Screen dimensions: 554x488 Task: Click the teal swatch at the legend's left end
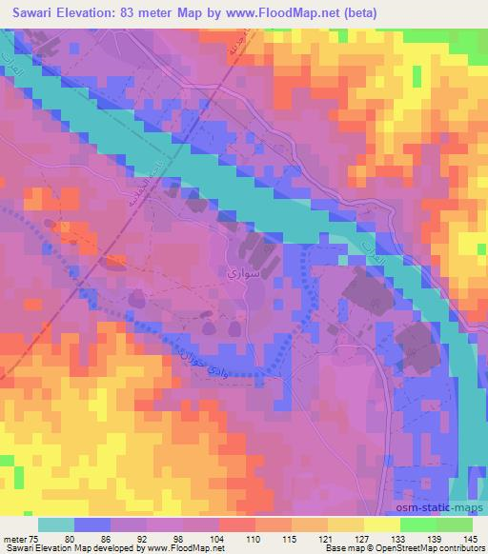56,524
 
